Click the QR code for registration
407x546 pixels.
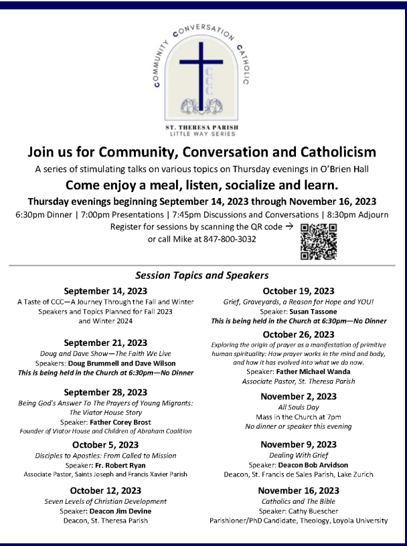(318, 242)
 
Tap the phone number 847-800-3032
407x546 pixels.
(230, 239)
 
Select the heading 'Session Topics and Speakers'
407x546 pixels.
(201, 275)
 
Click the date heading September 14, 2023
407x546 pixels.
(105, 291)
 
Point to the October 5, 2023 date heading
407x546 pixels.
(105, 445)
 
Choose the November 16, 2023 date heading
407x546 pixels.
(298, 491)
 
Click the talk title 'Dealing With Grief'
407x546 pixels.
(298, 454)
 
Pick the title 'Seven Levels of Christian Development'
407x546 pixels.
(105, 501)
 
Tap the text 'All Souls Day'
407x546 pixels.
(298, 407)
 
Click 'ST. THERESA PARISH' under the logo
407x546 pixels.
(203, 126)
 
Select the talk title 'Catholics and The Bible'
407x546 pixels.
(298, 501)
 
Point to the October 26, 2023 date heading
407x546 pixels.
(298, 335)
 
